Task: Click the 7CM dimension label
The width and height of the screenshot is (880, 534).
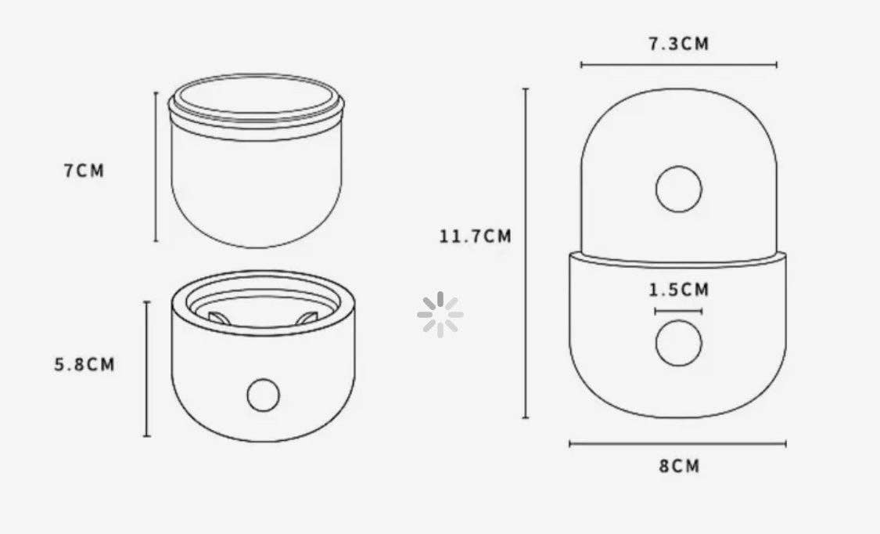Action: click(84, 170)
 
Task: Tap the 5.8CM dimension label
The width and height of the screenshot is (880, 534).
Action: click(84, 364)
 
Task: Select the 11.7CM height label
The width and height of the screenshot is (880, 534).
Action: click(476, 236)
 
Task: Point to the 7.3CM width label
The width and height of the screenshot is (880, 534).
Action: click(679, 43)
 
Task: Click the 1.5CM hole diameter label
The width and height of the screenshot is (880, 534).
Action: click(679, 290)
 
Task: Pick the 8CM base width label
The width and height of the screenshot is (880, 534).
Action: click(680, 466)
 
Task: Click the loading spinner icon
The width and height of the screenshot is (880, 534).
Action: click(440, 315)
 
